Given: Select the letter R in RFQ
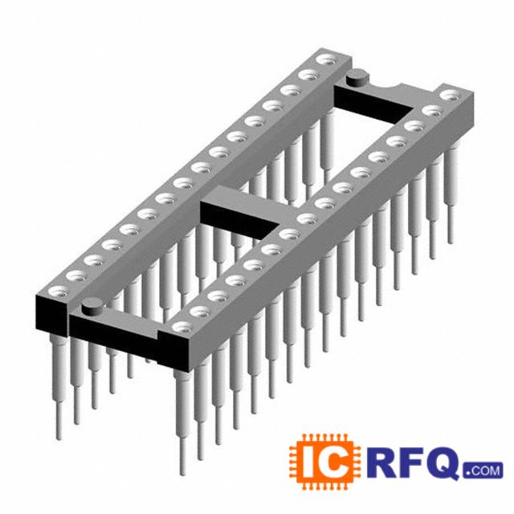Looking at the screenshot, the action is tap(380, 461).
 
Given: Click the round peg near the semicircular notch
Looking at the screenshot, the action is tap(357, 78).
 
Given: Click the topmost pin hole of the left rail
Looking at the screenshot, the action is tap(327, 60).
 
